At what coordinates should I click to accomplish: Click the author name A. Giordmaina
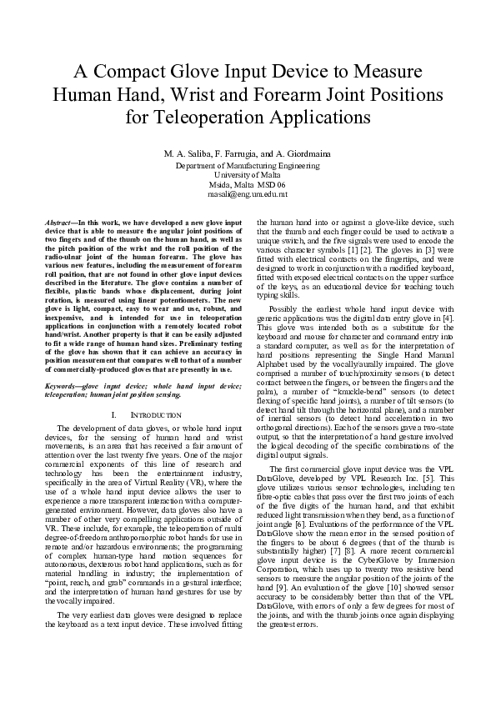coord(303,155)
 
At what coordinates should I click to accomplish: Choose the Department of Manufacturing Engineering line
coord(248,166)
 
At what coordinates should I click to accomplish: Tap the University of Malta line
coord(248,175)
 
